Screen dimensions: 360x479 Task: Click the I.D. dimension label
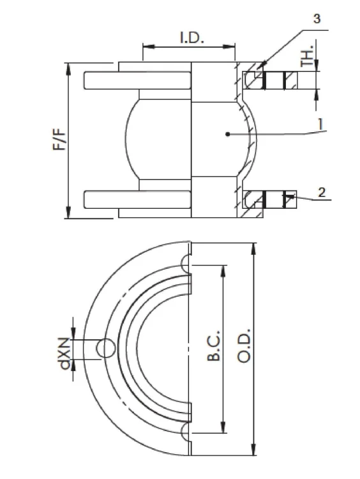(191, 37)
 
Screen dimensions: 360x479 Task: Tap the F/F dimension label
(59, 139)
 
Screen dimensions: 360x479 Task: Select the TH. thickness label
(307, 56)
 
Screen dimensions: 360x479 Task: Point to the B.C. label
(213, 345)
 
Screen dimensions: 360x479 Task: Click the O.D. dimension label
(244, 346)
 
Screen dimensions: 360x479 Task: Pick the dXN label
(65, 353)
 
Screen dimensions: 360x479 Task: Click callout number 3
(317, 19)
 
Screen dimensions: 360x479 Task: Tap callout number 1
(320, 125)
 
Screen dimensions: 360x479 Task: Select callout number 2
(322, 192)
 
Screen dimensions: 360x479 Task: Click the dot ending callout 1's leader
(227, 134)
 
